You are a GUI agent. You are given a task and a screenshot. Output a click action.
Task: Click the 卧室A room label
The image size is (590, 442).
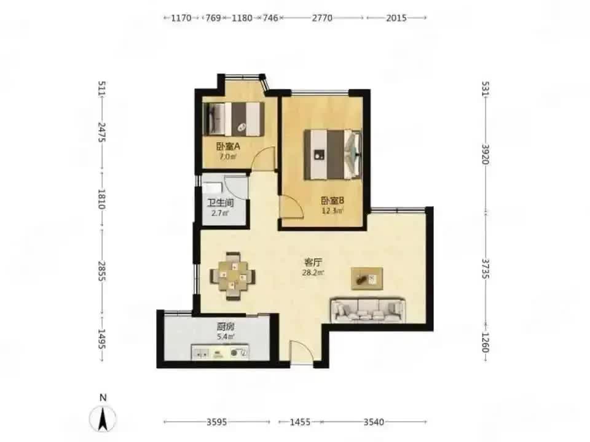(227, 146)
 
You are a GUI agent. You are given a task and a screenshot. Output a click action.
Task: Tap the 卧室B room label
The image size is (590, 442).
(332, 200)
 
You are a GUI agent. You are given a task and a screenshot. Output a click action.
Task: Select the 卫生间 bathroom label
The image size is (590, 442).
(221, 203)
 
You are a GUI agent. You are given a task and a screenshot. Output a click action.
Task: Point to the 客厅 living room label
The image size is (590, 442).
(313, 262)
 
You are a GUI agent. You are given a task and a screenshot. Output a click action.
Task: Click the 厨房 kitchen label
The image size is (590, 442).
(226, 326)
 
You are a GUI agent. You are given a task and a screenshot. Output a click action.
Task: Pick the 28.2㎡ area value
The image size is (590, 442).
(313, 273)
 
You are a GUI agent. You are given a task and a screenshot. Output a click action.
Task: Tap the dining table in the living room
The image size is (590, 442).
(232, 276)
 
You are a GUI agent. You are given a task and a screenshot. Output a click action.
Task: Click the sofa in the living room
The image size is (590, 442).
(368, 311)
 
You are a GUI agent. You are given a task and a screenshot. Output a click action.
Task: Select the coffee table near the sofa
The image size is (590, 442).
(367, 279)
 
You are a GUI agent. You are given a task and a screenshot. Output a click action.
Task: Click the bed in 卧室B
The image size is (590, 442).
(332, 155)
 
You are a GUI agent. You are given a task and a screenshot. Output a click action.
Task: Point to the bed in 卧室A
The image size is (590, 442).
(233, 118)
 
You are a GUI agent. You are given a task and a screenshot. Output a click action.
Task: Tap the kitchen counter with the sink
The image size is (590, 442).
(220, 352)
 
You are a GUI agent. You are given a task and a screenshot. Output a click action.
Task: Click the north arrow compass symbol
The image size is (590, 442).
(103, 417)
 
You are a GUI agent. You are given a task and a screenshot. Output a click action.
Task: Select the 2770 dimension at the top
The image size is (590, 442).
(322, 18)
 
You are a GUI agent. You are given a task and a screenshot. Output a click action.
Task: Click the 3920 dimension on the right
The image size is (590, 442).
(486, 154)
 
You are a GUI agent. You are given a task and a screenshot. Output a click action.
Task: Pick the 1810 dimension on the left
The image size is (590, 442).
(101, 199)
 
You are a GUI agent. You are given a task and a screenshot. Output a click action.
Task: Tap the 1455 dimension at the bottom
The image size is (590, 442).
(301, 422)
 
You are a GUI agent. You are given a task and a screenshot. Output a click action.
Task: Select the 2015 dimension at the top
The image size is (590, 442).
(396, 18)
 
